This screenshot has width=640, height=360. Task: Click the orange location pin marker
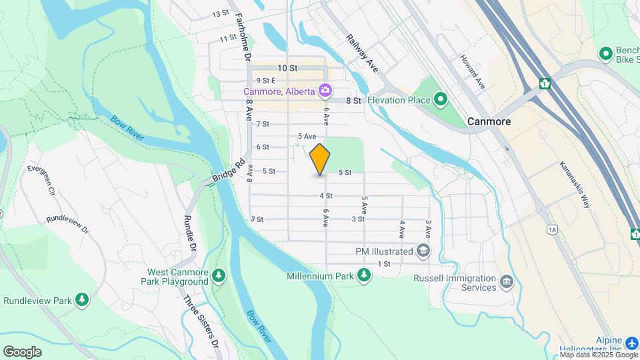tap(320, 159)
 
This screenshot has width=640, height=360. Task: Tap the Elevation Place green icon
tap(440, 101)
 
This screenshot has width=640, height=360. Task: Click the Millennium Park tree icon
tap(363, 275)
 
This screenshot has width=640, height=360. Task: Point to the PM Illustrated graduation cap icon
tap(423, 251)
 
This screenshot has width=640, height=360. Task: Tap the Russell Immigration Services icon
tap(507, 283)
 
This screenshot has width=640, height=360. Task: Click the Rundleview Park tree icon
tap(82, 300)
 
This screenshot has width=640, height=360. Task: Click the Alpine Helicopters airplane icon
tap(633, 343)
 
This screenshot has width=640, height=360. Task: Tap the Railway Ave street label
tap(362, 53)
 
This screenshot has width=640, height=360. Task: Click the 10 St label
tap(287, 68)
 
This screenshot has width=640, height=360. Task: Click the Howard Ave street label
tap(471, 72)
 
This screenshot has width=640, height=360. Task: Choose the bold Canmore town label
tap(489, 122)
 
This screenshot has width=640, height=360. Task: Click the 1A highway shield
tap(551, 230)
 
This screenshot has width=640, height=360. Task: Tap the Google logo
tap(22, 351)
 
